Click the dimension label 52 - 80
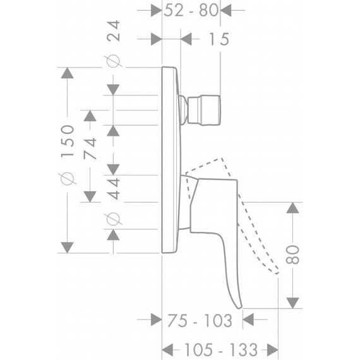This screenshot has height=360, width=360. coord(191,11)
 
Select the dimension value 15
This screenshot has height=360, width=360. coord(219,39)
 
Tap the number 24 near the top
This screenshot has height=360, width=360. coord(114,31)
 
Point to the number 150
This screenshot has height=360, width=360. coord(68,141)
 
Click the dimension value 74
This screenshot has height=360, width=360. coord(90,148)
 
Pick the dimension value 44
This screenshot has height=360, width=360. coord(114,188)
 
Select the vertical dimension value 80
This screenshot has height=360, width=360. coord(292,255)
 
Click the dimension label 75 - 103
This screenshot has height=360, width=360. coord(200,320)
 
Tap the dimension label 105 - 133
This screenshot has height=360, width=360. coord(221,350)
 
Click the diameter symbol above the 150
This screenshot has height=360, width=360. coord(68,179)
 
